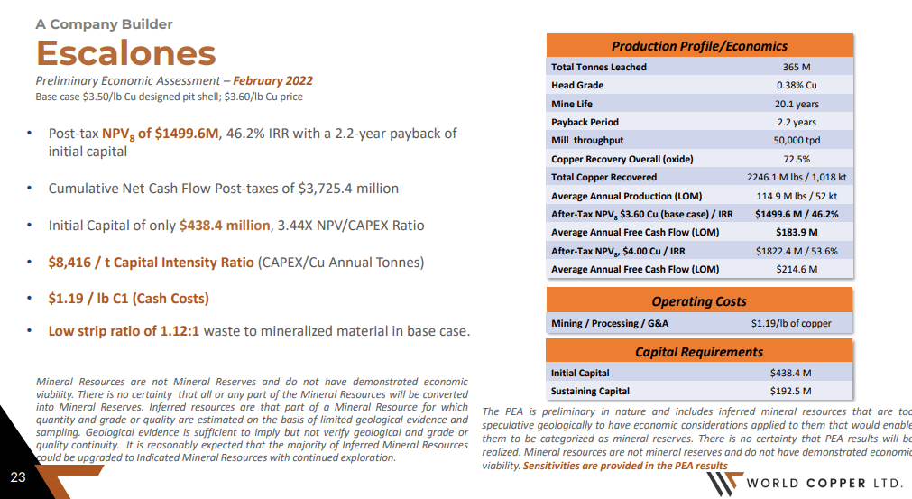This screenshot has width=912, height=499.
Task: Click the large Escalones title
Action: pos(125,53)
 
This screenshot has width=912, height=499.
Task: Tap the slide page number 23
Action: pos(18,476)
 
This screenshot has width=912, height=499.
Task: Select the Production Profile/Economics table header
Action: pos(699,46)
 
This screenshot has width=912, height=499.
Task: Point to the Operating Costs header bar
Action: pos(699,301)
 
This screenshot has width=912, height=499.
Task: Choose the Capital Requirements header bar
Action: pos(699,352)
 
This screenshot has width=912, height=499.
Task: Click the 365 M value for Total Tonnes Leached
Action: pos(797,67)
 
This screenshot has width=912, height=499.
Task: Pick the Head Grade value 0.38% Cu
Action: pos(797,86)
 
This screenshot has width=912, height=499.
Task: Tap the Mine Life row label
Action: pos(572,104)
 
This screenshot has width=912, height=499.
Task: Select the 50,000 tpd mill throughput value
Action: pos(797,141)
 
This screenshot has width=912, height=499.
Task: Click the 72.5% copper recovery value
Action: pos(797,159)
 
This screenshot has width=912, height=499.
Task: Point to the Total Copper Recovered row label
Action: pos(603,178)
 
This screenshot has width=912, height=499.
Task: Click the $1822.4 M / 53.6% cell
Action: pos(797,251)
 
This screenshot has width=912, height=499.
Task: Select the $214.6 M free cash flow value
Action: pos(797,269)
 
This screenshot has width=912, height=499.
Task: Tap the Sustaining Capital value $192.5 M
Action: pos(790,392)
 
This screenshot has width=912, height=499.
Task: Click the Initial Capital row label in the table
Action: pos(580,373)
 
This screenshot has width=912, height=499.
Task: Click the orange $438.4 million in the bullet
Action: pos(225,226)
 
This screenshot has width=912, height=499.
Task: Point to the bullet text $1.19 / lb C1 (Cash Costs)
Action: pos(128,299)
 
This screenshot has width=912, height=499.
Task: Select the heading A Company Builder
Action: pos(104,24)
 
